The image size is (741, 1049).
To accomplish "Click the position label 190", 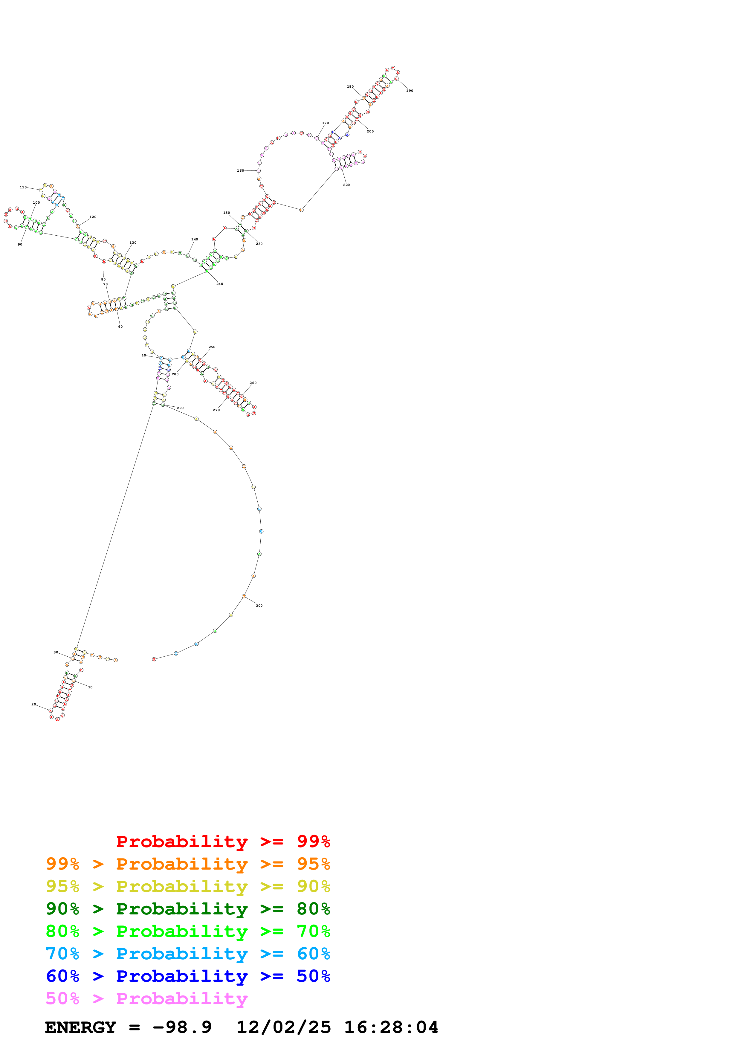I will [x=410, y=91].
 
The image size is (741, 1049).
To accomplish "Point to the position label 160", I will [x=240, y=171].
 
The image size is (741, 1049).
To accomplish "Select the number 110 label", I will [x=23, y=187].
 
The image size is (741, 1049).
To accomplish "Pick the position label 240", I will [x=220, y=284].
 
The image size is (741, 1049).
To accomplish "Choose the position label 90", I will [x=20, y=244].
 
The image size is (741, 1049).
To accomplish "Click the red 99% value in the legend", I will [x=313, y=841].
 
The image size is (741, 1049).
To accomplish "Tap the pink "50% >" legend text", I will [x=75, y=999].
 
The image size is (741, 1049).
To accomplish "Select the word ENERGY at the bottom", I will [x=80, y=1027].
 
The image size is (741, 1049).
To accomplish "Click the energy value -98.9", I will [x=182, y=1027].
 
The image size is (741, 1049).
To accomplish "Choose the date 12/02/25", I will [x=284, y=1027].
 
